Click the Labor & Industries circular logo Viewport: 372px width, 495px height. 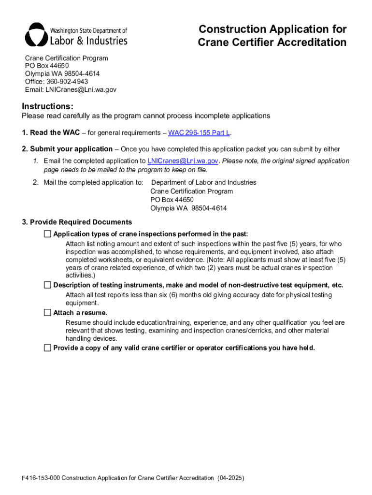[36, 34]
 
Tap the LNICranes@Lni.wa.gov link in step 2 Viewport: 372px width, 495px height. [183, 161]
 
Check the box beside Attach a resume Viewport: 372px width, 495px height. [47, 313]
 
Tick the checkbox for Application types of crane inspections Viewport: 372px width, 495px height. [47, 234]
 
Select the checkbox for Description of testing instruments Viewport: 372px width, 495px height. [47, 285]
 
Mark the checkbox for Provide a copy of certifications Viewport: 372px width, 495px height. [47, 348]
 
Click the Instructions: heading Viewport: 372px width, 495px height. [47, 106]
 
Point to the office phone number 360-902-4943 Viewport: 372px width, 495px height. [67, 82]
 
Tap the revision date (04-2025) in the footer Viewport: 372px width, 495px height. [230, 478]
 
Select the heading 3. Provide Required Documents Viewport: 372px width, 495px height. [77, 222]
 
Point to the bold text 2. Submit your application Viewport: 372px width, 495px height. [67, 149]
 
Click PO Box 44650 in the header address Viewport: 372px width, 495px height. [47, 66]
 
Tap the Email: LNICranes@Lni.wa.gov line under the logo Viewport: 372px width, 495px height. [71, 89]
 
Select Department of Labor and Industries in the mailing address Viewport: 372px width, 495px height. [203, 182]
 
